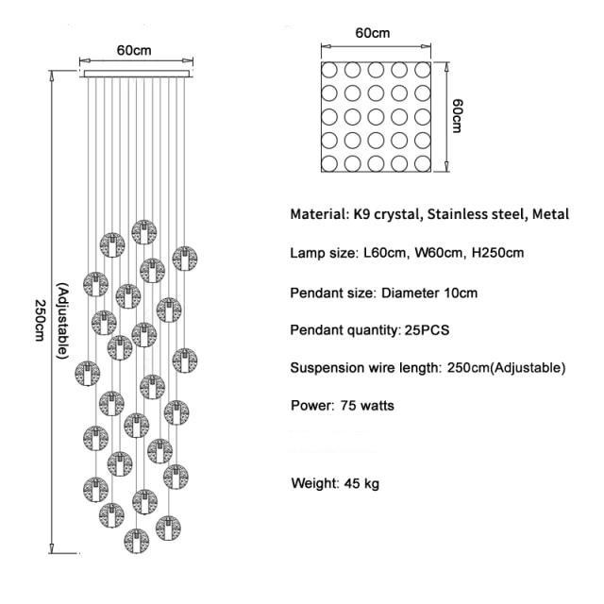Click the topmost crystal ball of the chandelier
point(143,232)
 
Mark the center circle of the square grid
point(377,117)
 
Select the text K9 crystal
point(384,214)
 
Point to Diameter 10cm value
point(429,293)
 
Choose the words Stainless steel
point(477,214)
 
